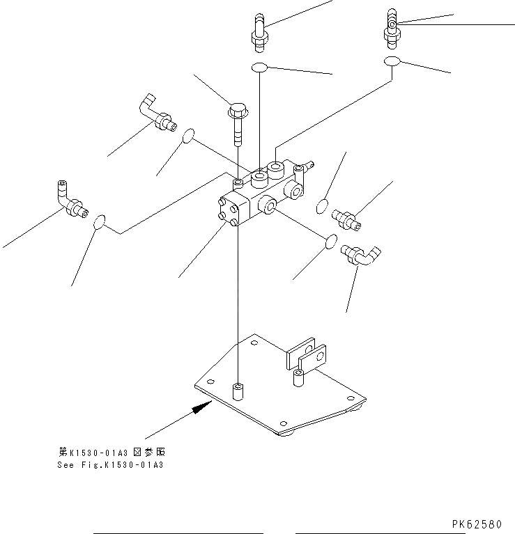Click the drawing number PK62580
481,523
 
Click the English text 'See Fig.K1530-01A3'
110,465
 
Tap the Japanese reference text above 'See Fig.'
111,452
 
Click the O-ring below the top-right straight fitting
392,62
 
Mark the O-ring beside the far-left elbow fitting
100,221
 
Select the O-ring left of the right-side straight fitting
322,206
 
